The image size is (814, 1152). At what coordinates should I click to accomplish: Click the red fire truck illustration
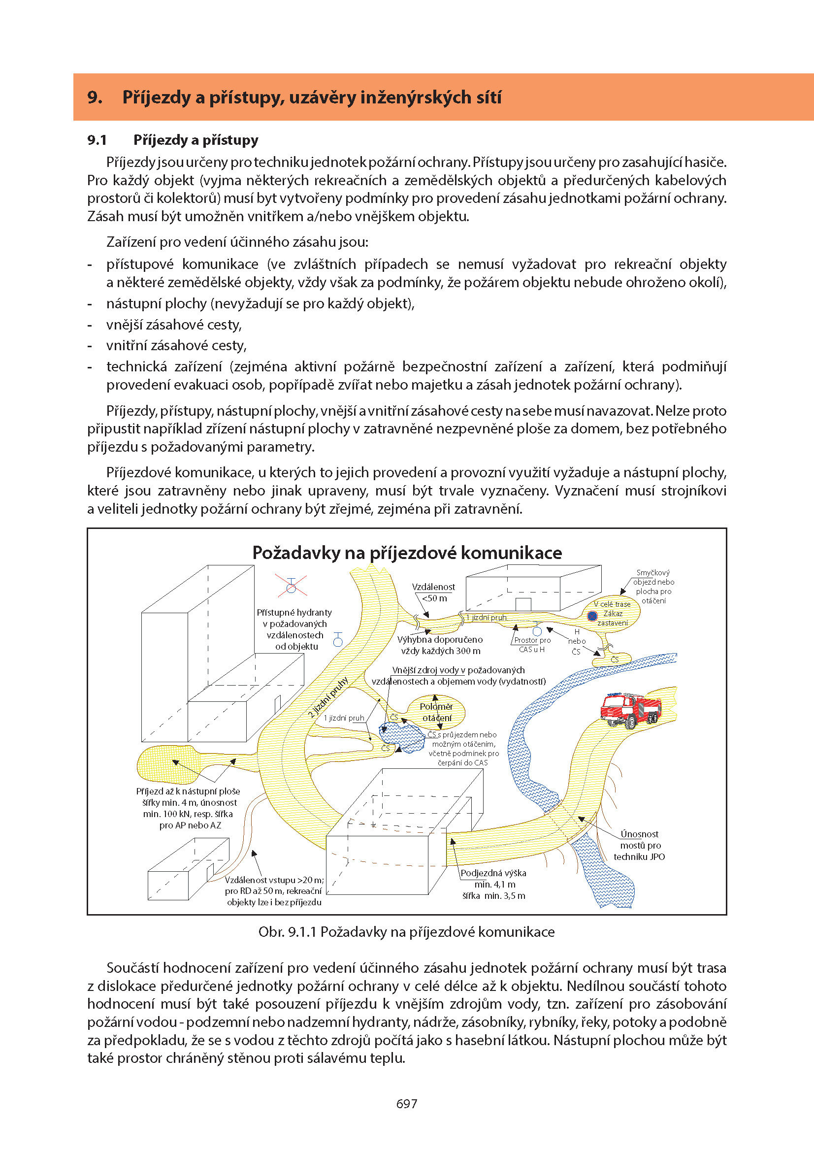(631, 709)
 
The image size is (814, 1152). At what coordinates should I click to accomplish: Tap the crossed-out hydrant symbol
(291, 585)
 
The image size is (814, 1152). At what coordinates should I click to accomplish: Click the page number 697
(406, 1103)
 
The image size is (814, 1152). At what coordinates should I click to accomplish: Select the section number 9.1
(97, 140)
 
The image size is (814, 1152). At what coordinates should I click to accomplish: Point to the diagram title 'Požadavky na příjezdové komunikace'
(407, 553)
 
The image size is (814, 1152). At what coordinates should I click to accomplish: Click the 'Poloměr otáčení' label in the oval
(436, 712)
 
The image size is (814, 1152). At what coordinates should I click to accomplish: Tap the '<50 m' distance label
(434, 598)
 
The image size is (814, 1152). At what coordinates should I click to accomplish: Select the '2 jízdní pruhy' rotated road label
(328, 697)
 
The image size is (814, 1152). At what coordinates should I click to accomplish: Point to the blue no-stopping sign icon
(592, 616)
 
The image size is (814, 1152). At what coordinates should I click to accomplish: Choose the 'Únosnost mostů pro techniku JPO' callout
(640, 845)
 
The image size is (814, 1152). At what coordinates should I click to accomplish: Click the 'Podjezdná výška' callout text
(493, 873)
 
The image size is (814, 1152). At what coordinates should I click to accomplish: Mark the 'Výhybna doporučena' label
(440, 640)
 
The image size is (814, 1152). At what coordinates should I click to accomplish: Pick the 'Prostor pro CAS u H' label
(532, 645)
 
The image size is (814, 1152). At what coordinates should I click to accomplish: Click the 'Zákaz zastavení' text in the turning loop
(613, 618)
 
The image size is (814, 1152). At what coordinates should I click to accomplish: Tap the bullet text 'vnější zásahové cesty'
(174, 325)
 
